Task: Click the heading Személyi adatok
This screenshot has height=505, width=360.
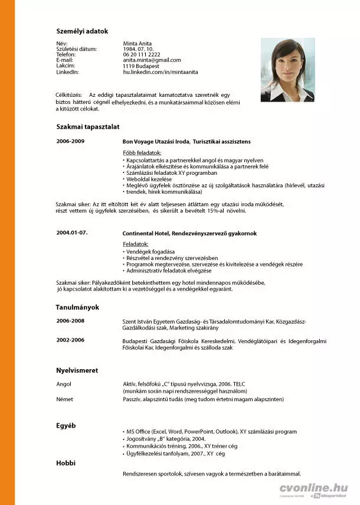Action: coord(82,31)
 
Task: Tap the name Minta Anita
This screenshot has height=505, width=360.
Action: coord(137,44)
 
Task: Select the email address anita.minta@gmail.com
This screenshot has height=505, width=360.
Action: coord(152,60)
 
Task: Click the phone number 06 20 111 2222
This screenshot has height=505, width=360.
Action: coord(141,54)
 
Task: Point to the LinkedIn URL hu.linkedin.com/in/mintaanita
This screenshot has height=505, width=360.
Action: coord(161,71)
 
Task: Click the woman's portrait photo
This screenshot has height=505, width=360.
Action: coord(287,70)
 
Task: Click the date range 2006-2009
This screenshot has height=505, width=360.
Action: coord(70,142)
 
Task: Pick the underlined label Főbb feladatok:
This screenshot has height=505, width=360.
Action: coord(138,153)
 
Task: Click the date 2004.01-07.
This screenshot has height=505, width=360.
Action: coord(72,233)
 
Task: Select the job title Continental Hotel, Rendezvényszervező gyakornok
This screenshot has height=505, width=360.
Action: coord(189,233)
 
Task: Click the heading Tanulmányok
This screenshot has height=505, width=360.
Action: coord(77,307)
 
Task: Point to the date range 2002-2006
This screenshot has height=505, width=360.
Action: coord(70,340)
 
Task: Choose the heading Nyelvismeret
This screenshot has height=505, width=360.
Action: coord(77,370)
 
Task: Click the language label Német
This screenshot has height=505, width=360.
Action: coord(64,399)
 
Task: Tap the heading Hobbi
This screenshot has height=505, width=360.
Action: coord(66,462)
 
